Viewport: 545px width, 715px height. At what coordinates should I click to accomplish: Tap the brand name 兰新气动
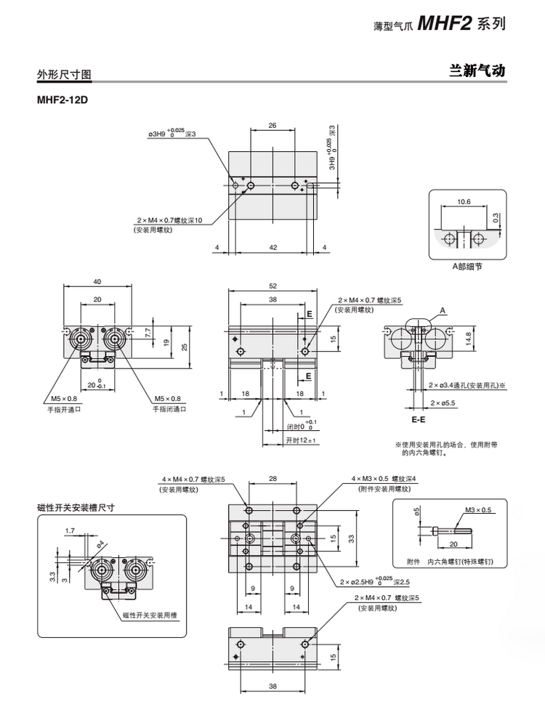(477, 71)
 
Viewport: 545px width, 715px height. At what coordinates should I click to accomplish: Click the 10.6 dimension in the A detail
(464, 201)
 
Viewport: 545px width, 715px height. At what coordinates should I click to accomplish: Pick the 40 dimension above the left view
(97, 282)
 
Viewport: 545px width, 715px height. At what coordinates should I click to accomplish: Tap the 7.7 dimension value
(148, 331)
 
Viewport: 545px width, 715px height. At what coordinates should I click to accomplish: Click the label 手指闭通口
(169, 409)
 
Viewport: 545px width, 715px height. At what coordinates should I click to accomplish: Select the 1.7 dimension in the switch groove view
(70, 531)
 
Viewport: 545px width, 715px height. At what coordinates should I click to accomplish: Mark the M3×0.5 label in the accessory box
(479, 510)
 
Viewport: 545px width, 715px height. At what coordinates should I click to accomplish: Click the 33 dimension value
(350, 538)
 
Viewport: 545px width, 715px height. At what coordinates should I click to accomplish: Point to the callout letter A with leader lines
(443, 310)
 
